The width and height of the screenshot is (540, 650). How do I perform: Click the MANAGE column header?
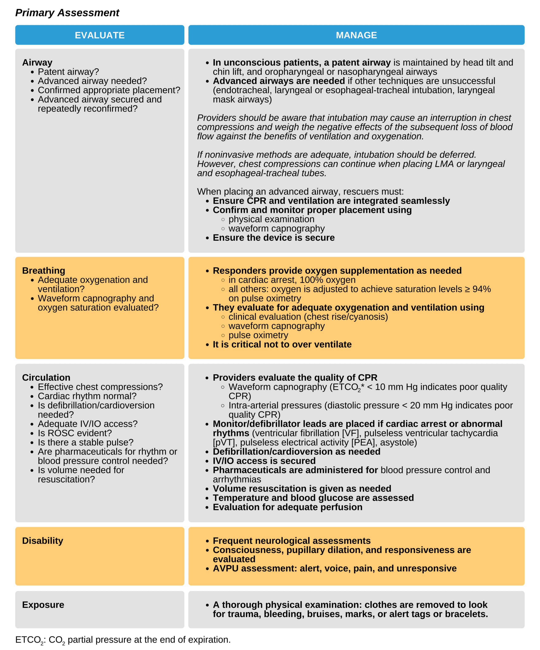click(x=356, y=35)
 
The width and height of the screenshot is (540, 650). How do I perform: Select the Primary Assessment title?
click(x=67, y=13)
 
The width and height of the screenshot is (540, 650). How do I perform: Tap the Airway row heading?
click(x=37, y=63)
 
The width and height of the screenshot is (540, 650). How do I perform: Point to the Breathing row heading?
click(x=43, y=271)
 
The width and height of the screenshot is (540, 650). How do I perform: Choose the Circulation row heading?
click(x=46, y=378)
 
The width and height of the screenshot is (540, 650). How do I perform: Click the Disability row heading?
click(x=42, y=541)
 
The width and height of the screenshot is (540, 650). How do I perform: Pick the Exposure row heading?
click(x=43, y=605)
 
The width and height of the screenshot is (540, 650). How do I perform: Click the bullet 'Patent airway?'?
click(x=68, y=72)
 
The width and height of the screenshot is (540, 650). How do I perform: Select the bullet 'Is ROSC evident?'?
click(x=75, y=433)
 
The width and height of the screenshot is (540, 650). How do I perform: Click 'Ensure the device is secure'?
click(x=274, y=238)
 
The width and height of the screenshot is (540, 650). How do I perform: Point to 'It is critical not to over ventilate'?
click(x=282, y=345)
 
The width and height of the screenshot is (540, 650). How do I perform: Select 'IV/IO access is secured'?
click(x=264, y=461)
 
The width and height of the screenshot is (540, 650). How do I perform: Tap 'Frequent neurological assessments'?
click(x=292, y=541)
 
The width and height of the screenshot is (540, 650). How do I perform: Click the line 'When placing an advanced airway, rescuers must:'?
click(x=300, y=192)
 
